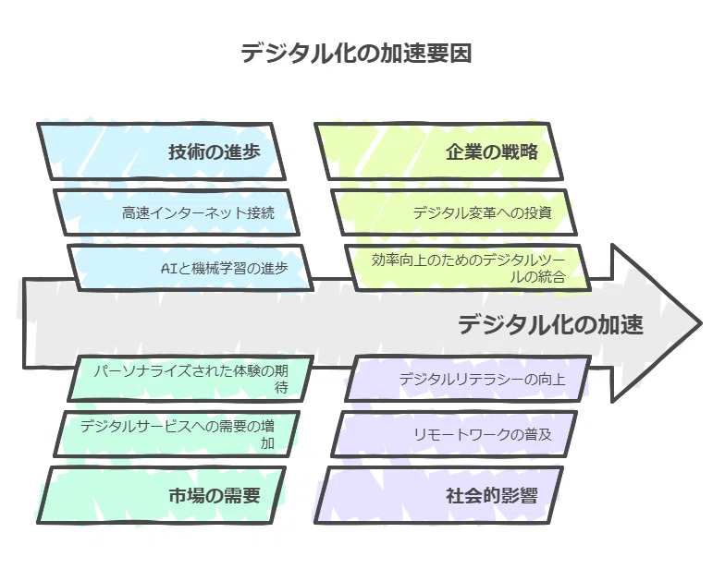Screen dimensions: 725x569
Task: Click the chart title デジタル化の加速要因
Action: [356, 54]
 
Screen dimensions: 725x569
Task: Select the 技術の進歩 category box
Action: [161, 151]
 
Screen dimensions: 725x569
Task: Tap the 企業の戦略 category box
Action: [438, 151]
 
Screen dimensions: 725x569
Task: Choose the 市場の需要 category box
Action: [161, 495]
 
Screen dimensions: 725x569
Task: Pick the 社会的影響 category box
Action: [438, 495]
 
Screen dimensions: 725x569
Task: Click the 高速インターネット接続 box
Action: [177, 212]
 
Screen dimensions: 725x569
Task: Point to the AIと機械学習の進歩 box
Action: [190, 268]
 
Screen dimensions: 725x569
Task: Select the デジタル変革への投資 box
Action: [454, 212]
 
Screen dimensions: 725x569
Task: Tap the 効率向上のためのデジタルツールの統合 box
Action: [468, 268]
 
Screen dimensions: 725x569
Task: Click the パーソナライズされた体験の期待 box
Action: [190, 379]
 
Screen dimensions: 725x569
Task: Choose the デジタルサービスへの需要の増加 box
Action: [177, 434]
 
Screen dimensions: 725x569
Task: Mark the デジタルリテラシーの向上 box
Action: [468, 379]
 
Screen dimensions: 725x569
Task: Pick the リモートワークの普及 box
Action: [454, 434]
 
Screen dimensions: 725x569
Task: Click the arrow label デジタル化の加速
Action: [550, 324]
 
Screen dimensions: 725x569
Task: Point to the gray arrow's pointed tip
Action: [701, 323]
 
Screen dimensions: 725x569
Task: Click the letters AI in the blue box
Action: [168, 268]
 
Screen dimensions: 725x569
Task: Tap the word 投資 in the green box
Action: [538, 212]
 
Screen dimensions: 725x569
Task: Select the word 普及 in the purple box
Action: [538, 434]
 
